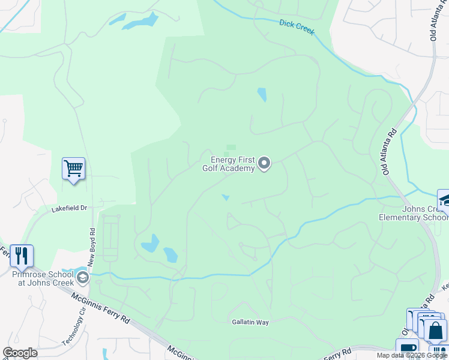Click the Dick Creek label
(297, 28)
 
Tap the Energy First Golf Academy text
(232, 164)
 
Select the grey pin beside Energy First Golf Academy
(264, 163)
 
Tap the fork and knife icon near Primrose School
(22, 256)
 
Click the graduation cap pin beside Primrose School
(82, 277)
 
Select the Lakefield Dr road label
(70, 208)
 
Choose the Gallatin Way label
(250, 322)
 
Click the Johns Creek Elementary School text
(413, 213)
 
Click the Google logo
(20, 353)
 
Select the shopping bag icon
(435, 331)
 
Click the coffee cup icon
(407, 349)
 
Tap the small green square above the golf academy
(231, 148)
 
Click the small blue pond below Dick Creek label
(262, 95)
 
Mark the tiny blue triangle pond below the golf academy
(226, 197)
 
